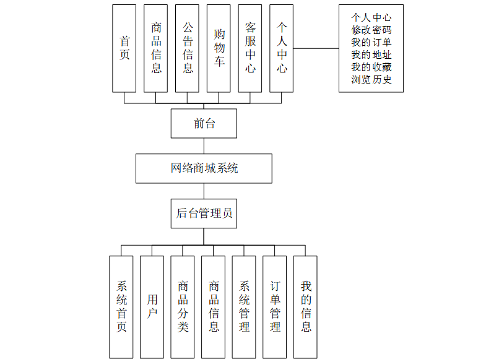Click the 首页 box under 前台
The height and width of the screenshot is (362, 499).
[x=124, y=48]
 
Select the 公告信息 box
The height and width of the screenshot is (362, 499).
[x=188, y=48]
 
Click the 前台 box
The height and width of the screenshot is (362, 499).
[x=204, y=123]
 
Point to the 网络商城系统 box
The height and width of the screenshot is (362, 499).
[x=204, y=168]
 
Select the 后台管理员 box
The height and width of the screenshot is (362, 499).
[x=204, y=213]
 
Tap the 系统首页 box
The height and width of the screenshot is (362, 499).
[x=121, y=307]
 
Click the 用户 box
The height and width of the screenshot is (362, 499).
[x=152, y=307]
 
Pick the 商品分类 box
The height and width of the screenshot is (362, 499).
[x=183, y=307]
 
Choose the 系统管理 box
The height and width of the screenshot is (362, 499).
[x=244, y=307]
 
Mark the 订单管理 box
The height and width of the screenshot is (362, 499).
[x=275, y=307]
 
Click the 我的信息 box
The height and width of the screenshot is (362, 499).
[x=306, y=307]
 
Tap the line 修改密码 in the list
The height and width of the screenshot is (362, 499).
[x=371, y=30]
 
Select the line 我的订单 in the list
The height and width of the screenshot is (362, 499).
[x=371, y=42]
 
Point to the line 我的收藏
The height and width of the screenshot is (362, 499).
[x=371, y=67]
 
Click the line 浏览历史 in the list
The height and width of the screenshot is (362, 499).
[x=371, y=79]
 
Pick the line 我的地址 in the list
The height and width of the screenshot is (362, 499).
[x=371, y=54]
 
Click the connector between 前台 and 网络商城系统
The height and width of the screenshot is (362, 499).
[x=204, y=145]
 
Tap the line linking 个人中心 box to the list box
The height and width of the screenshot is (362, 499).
[x=316, y=48]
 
